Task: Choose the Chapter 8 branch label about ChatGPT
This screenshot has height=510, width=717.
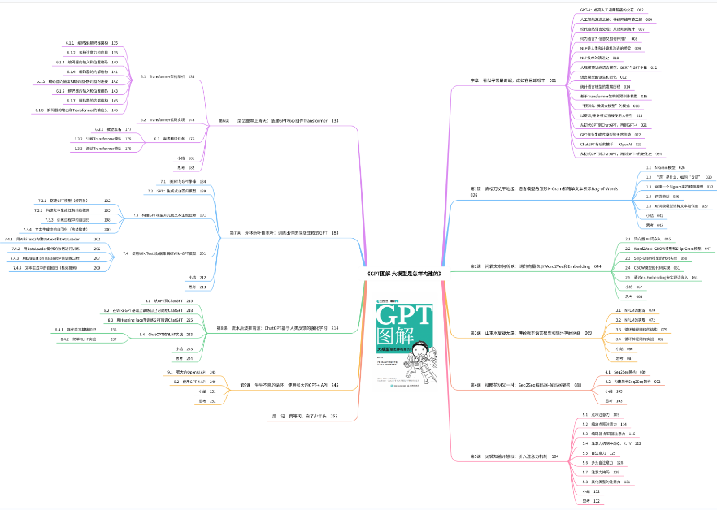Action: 277,327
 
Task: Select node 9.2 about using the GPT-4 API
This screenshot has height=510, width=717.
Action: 184,381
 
